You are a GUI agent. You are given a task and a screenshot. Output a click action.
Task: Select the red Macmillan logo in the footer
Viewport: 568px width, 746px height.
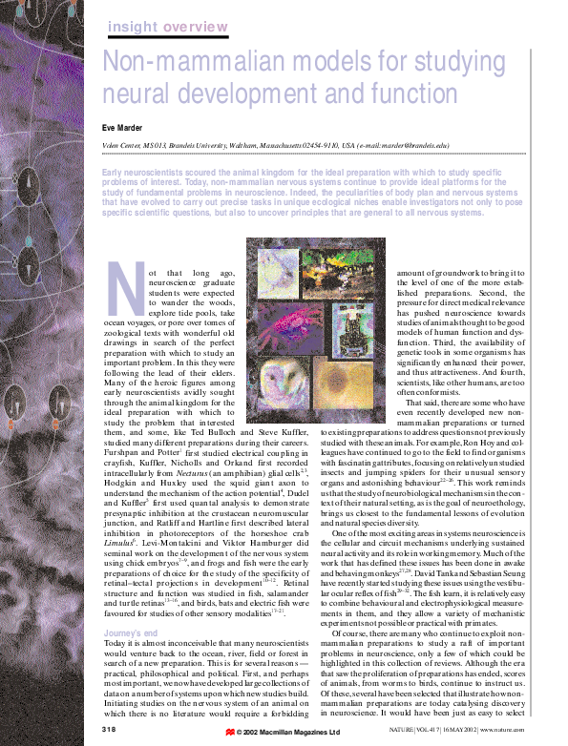230,733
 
